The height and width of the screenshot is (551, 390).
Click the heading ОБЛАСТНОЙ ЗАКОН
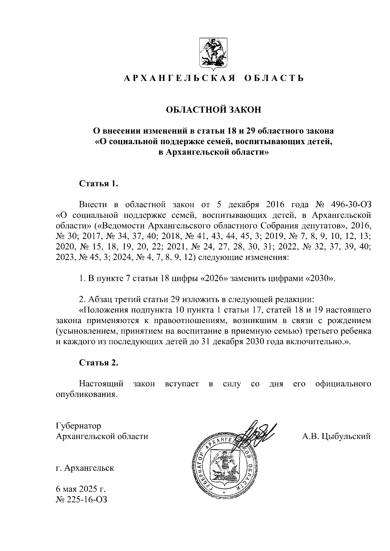(x=214, y=110)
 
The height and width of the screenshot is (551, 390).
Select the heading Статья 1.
(x=98, y=184)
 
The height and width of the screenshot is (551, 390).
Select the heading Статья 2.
(x=98, y=363)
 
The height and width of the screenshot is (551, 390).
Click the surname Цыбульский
(x=346, y=436)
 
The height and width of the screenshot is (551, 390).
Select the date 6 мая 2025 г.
(x=81, y=489)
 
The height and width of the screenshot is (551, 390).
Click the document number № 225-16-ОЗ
(x=82, y=500)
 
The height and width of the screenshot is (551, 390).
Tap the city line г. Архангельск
(x=85, y=468)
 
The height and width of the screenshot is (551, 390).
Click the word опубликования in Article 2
(x=86, y=395)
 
